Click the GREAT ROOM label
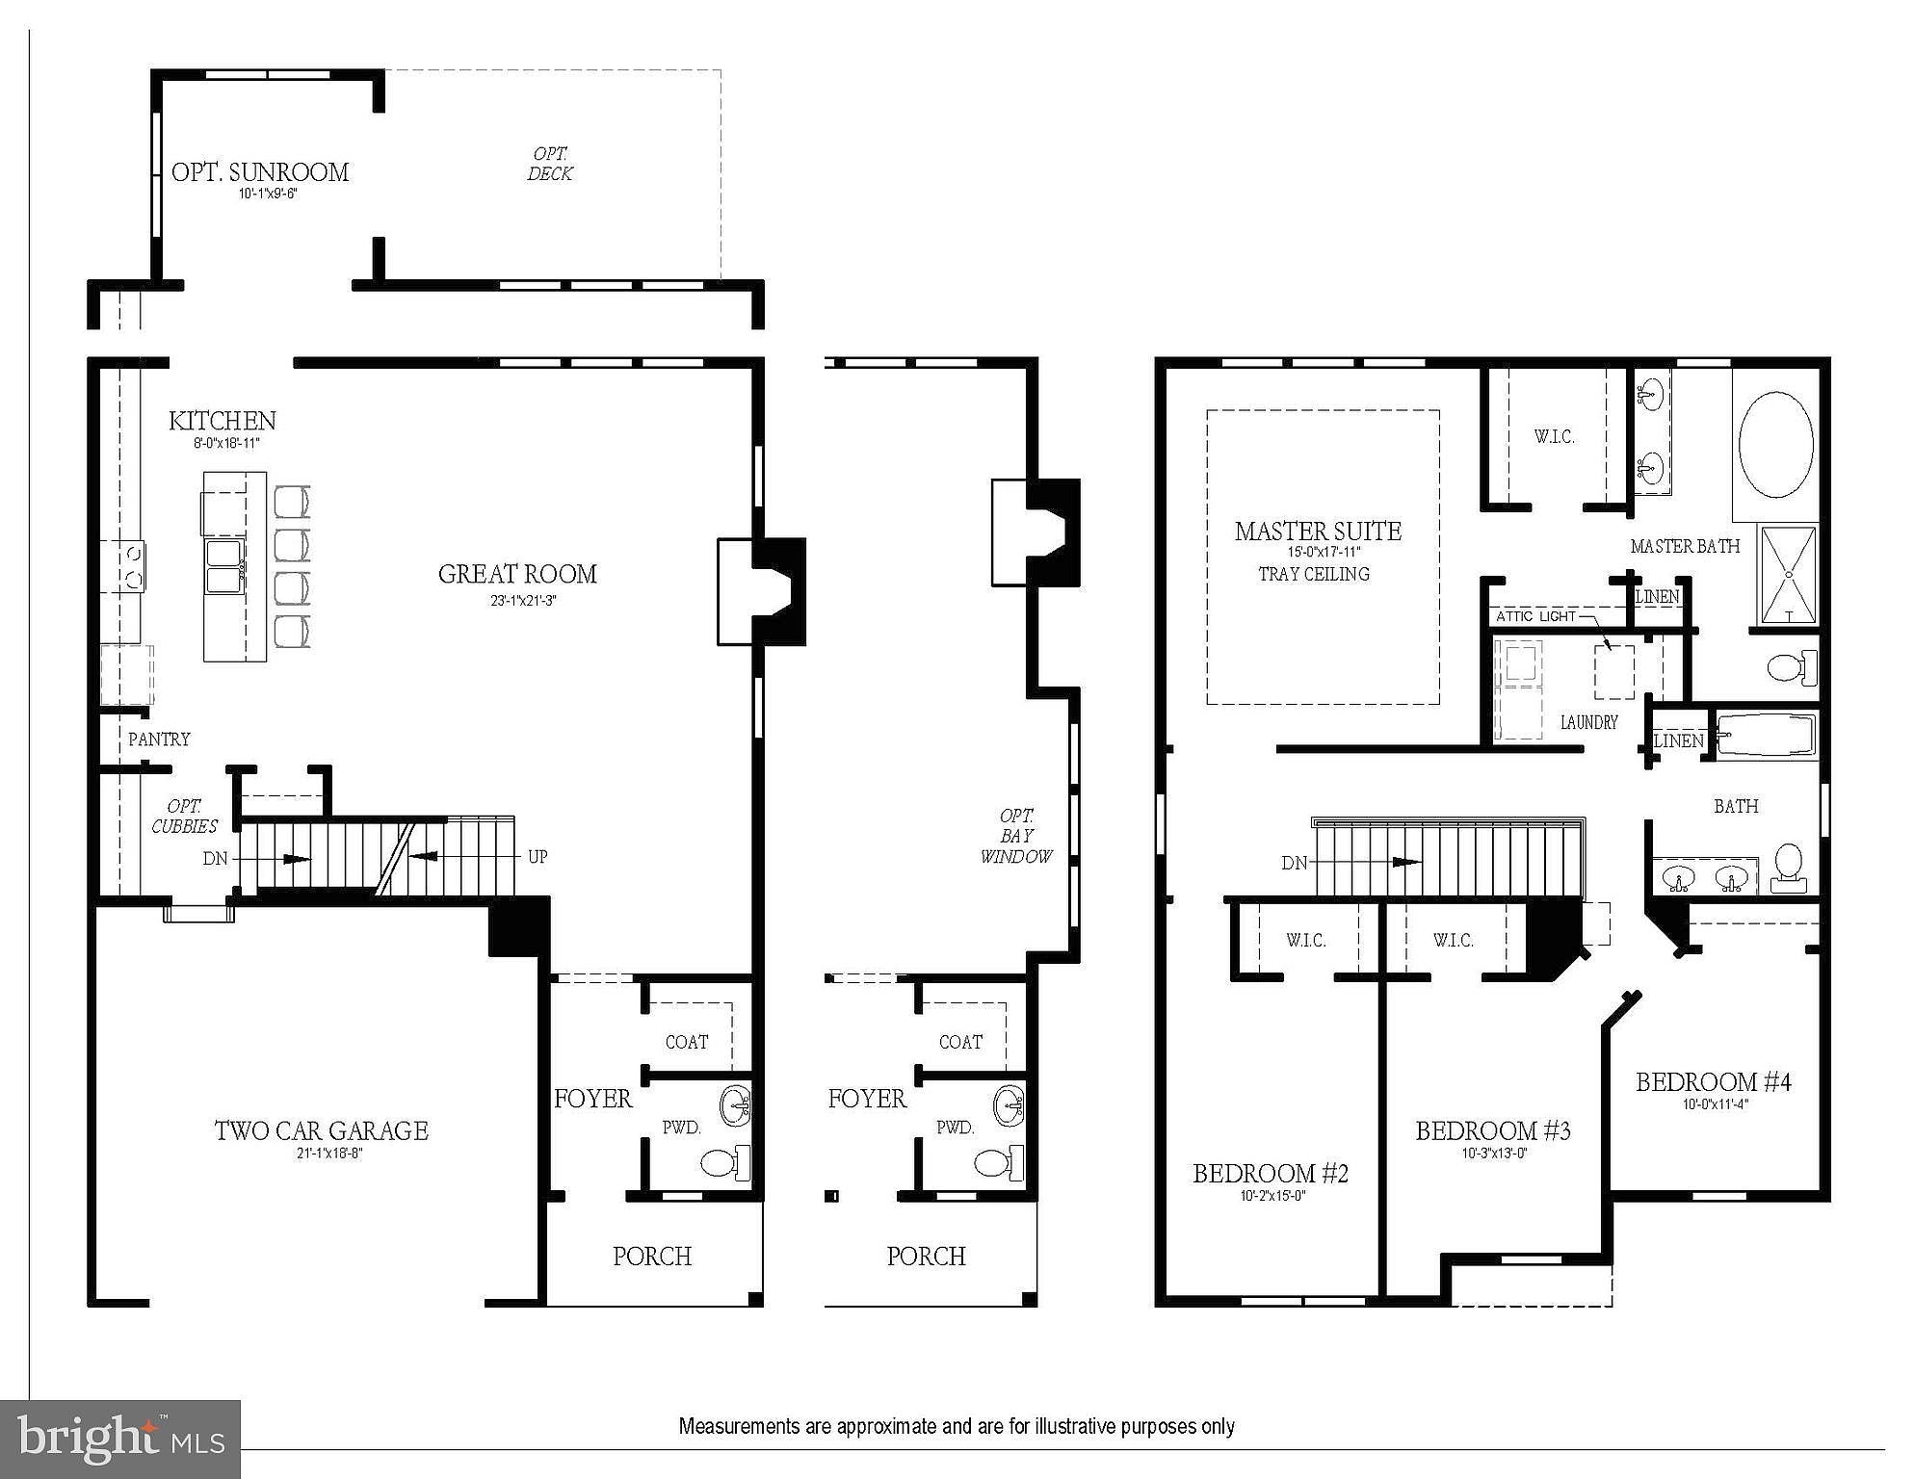coord(517,575)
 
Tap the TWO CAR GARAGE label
coord(321,1130)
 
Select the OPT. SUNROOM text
coord(260,172)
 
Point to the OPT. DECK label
coord(550,164)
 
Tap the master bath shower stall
coord(1788,576)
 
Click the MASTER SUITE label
coord(1318,531)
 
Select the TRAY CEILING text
coord(1314,574)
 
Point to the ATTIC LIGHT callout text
coord(1536,616)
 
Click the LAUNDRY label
coord(1589,722)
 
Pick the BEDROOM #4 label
coord(1714,1082)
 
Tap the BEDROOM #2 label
coord(1271,1174)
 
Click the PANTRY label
coord(159,739)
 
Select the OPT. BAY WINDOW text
coord(1016,836)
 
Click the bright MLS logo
coord(120,1440)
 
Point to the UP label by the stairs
coord(537,856)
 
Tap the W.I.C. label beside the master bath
coord(1555,437)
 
